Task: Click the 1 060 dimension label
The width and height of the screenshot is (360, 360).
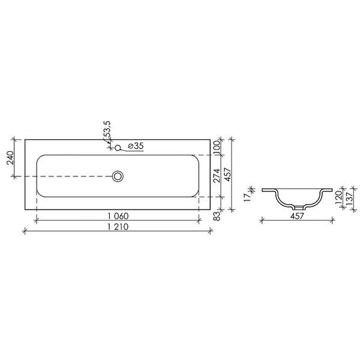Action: pos(118,216)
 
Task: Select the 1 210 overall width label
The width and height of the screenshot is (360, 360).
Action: pos(118,227)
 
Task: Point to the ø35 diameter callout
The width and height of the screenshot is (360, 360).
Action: pos(136,146)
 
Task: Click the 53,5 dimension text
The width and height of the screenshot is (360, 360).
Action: pos(107,130)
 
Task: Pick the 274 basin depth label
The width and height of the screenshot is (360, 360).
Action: pos(216,175)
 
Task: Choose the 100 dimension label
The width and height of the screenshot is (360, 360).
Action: pos(216,148)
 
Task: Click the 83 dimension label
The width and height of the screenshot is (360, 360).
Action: pos(217,216)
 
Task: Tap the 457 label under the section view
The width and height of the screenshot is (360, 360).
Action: pos(297,216)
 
